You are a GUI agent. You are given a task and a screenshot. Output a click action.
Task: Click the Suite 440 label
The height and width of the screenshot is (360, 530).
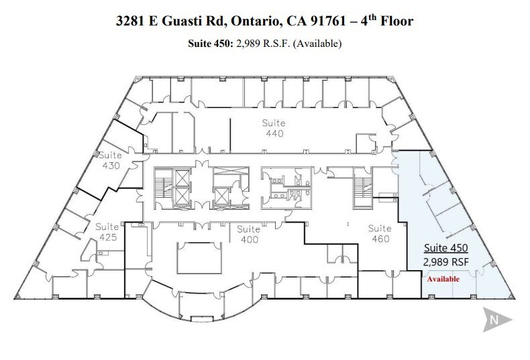(x=274, y=128)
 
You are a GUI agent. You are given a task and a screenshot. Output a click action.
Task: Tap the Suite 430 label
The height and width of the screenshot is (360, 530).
(x=110, y=160)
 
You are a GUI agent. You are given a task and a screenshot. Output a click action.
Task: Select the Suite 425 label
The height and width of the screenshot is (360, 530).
(x=107, y=231)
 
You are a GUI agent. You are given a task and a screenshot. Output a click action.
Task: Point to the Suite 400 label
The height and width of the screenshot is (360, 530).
(x=248, y=234)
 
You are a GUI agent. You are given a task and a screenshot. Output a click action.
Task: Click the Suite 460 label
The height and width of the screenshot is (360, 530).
(x=380, y=233)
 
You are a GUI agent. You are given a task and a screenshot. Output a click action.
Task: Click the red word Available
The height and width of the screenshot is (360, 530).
(x=441, y=278)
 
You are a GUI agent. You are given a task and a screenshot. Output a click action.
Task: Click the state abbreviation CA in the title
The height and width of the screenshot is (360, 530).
(x=293, y=22)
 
